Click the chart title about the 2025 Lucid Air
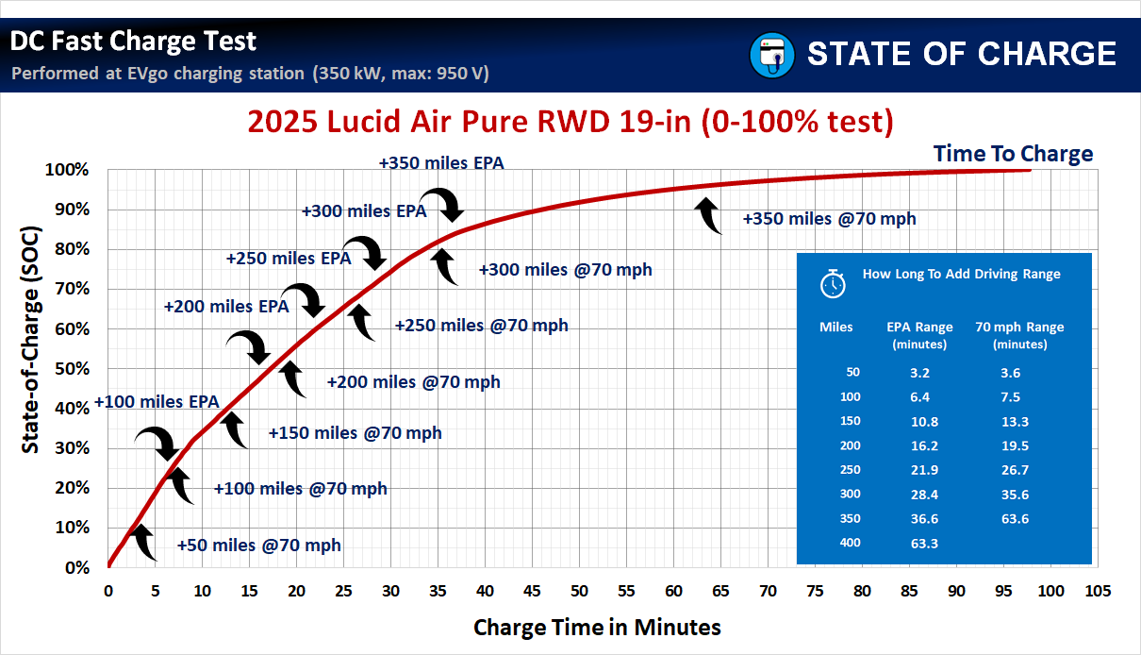[570, 122]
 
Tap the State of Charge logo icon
[772, 55]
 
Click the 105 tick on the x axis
[1097, 591]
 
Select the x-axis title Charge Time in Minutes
[597, 627]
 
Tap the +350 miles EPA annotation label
[441, 163]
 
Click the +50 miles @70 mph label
[259, 546]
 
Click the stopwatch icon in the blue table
[833, 283]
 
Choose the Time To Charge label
[1013, 154]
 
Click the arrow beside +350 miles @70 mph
[708, 214]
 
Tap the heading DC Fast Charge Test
[133, 42]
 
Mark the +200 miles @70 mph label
[413, 382]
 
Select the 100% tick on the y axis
[68, 170]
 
